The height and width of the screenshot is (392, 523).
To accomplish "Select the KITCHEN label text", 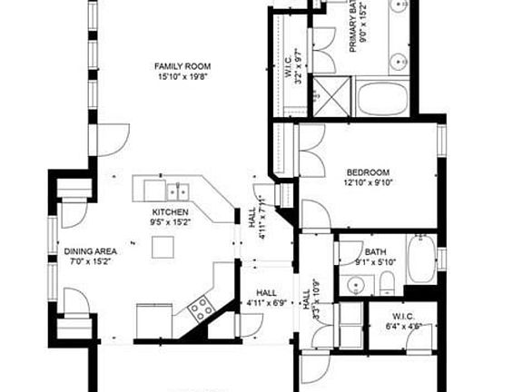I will click(x=170, y=211).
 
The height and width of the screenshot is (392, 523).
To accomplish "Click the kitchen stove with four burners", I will click(x=201, y=309).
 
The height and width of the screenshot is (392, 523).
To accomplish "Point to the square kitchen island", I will click(x=163, y=247).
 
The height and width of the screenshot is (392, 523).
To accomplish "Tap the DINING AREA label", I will click(x=89, y=251).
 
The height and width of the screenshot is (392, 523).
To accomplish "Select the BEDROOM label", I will click(x=368, y=171).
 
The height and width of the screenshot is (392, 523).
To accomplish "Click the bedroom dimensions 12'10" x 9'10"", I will click(x=368, y=182).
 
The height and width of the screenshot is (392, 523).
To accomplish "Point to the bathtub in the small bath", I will click(x=421, y=260).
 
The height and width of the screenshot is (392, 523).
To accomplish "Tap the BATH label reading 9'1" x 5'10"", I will click(x=375, y=258).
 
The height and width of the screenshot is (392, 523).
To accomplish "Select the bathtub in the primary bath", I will click(x=382, y=97).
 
